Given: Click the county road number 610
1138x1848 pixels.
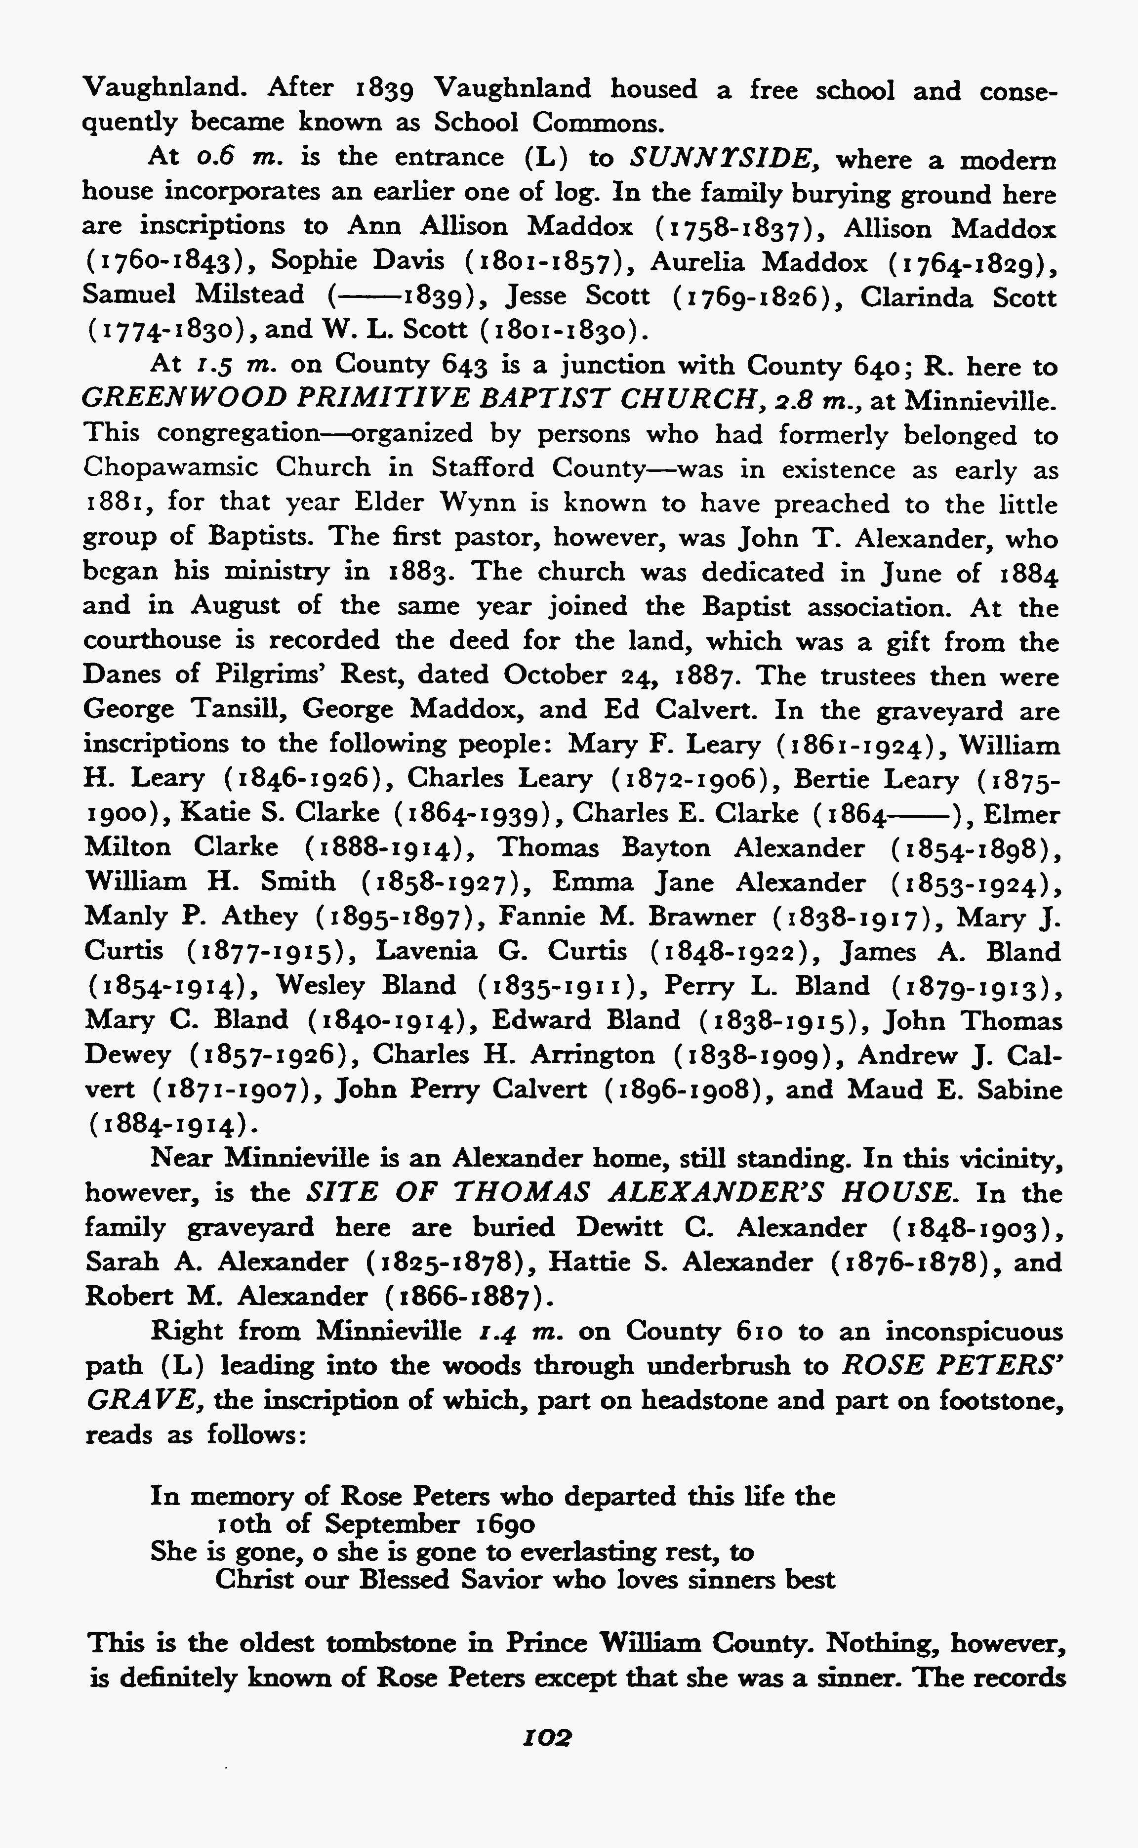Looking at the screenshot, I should pyautogui.click(x=757, y=1332).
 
